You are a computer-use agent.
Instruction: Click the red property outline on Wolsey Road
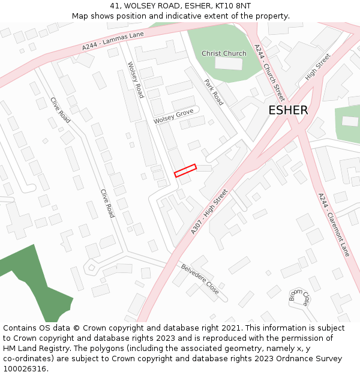(x=185, y=171)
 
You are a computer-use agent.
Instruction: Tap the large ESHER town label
(x=288, y=110)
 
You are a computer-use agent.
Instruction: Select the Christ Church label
(x=224, y=53)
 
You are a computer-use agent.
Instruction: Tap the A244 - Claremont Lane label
(x=334, y=224)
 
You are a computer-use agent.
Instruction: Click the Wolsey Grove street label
(x=173, y=116)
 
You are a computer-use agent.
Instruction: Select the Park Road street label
(x=214, y=92)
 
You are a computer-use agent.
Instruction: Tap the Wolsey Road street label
(x=136, y=80)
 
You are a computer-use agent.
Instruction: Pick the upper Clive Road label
(x=61, y=110)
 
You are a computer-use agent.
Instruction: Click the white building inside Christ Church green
(x=228, y=63)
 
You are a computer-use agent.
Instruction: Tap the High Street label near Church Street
(x=318, y=67)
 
